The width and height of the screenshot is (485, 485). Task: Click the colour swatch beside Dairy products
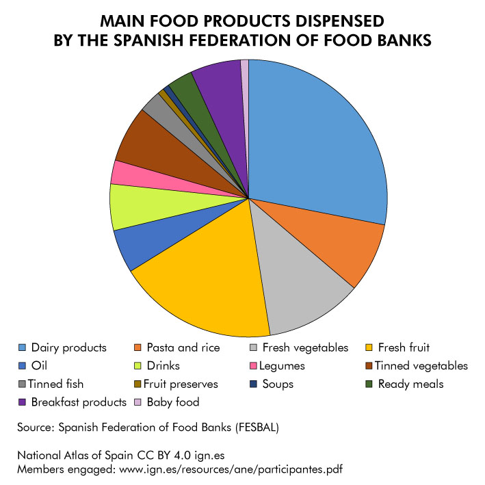tap(22, 348)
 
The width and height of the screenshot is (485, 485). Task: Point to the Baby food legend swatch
tap(137, 402)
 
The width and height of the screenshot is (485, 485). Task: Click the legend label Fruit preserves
tap(181, 384)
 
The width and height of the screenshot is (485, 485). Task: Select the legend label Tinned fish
tap(55, 384)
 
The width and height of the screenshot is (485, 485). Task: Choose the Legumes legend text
tap(283, 366)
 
